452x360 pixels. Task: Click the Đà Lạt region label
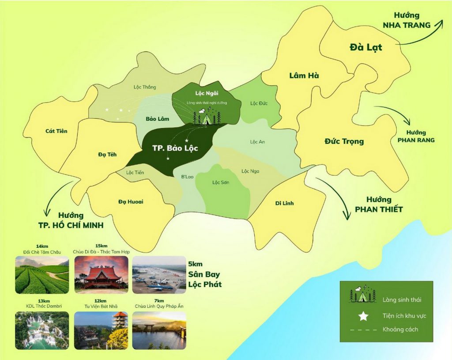tap(365, 47)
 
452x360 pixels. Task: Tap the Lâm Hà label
tap(304, 76)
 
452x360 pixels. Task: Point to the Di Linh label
tap(284, 203)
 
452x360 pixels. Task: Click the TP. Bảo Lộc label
tap(175, 148)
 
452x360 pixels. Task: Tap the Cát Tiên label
tap(56, 131)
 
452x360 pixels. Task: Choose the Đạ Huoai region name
tap(131, 201)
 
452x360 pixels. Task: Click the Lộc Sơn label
tap(221, 182)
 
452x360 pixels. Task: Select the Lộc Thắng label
tap(145, 87)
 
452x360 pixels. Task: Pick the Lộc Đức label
tap(259, 103)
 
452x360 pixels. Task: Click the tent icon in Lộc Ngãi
tap(207, 117)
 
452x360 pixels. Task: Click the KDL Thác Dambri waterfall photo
tap(42, 330)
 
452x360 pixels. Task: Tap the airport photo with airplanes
tap(159, 275)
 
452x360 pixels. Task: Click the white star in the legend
tap(363, 315)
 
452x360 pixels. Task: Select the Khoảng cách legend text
tap(400, 330)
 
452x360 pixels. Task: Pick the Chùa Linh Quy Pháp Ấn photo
tap(159, 330)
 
